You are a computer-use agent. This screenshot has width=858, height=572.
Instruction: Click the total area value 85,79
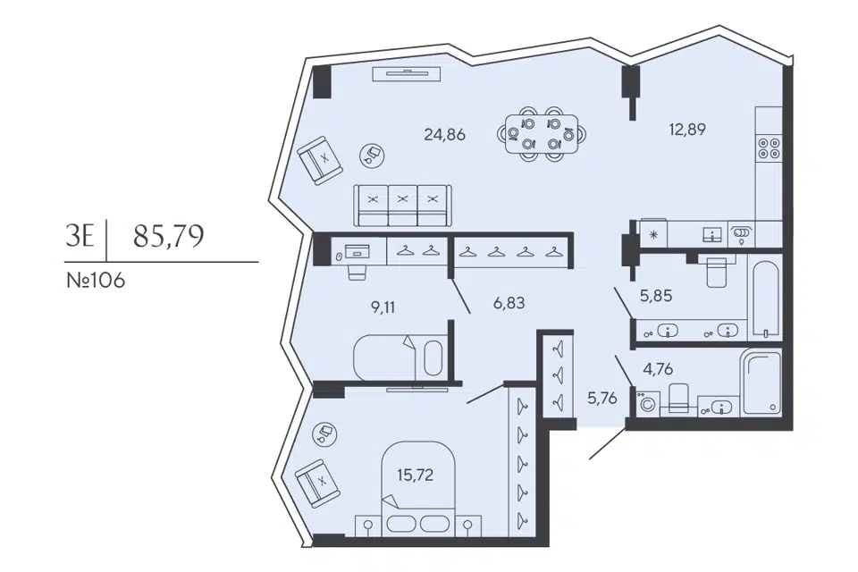169,236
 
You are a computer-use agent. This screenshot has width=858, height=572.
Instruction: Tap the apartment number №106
96,281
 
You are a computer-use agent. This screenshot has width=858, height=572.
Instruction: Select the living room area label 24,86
445,134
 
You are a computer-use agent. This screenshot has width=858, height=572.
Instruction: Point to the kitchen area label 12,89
687,130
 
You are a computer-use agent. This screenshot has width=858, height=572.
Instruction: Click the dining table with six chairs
542,134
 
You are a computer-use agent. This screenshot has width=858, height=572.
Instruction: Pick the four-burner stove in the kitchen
769,147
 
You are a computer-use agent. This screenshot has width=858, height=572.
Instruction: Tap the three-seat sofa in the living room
403,206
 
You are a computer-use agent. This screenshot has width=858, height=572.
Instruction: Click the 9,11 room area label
383,307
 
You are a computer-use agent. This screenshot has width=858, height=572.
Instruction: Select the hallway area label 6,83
509,302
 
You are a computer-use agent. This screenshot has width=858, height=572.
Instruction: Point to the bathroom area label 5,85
656,296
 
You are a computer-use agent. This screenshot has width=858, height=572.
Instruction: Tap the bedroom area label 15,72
415,475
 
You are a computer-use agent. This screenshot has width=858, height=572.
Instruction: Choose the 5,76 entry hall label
601,399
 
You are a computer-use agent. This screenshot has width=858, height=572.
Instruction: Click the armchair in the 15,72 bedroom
315,482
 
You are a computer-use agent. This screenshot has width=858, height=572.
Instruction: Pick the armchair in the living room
321,160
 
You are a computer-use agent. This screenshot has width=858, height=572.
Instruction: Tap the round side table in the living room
373,156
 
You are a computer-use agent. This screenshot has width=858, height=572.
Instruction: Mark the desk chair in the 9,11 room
357,271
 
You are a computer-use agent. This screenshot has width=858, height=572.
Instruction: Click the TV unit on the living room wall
407,74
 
